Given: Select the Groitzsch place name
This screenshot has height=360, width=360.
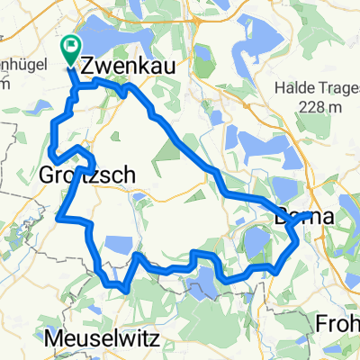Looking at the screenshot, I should (x=85, y=177).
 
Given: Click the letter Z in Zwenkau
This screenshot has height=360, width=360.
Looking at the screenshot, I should (x=88, y=67).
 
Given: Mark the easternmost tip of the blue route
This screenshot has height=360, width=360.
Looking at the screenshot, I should (x=310, y=214).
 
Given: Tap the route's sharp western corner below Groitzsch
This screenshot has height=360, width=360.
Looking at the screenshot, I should (x=58, y=216).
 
